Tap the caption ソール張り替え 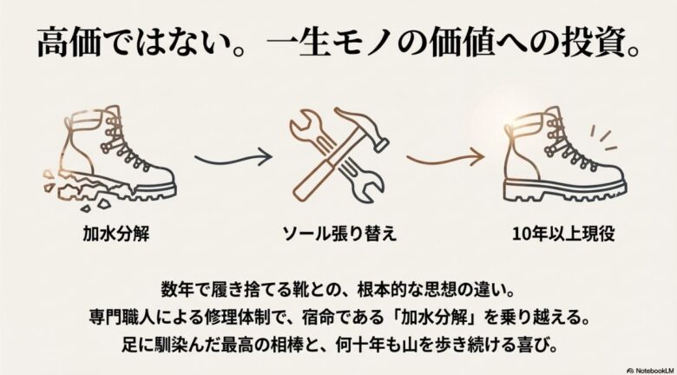click(338, 234)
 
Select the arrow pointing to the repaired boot click(444, 159)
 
